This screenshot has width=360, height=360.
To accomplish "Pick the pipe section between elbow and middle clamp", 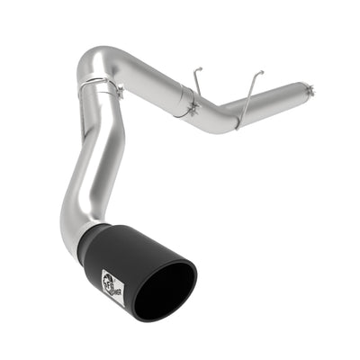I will pos(144,70).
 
